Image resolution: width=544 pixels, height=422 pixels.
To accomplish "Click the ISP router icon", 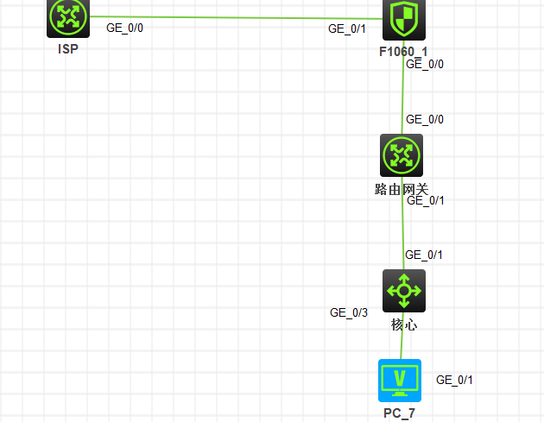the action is [68, 18].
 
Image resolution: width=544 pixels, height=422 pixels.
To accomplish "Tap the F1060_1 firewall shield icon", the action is [404, 20].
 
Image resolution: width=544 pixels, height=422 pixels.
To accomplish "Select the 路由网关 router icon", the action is [402, 155].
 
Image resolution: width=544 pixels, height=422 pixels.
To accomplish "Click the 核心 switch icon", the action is [404, 291].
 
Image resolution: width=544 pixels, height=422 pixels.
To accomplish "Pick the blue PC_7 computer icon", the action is [400, 381].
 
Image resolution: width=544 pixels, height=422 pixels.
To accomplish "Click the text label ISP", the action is [68, 49].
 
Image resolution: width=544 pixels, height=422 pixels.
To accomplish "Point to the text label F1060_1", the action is [403, 52].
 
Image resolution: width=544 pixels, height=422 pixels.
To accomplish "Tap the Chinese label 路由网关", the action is [402, 189].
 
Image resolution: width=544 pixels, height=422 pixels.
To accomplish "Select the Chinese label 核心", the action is [404, 324].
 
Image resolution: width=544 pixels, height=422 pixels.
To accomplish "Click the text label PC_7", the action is [399, 413].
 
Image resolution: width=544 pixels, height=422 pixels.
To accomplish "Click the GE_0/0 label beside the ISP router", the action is [124, 28].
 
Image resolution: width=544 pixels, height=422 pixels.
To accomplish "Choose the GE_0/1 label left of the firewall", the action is [347, 28].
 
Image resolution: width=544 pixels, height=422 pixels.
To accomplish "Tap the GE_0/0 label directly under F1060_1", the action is [425, 64].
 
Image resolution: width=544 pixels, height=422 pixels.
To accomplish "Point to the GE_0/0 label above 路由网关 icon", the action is [425, 119].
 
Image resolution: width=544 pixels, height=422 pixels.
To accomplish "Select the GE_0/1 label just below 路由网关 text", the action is [426, 200].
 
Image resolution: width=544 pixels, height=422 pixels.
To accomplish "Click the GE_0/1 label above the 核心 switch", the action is [424, 255].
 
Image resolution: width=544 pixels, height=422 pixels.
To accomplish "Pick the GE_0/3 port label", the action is [349, 312].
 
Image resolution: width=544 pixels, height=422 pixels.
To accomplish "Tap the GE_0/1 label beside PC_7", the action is [454, 380].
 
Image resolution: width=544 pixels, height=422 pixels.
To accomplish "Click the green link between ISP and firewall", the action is [236, 17].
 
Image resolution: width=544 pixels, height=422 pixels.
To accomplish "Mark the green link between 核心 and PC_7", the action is [402, 336].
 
